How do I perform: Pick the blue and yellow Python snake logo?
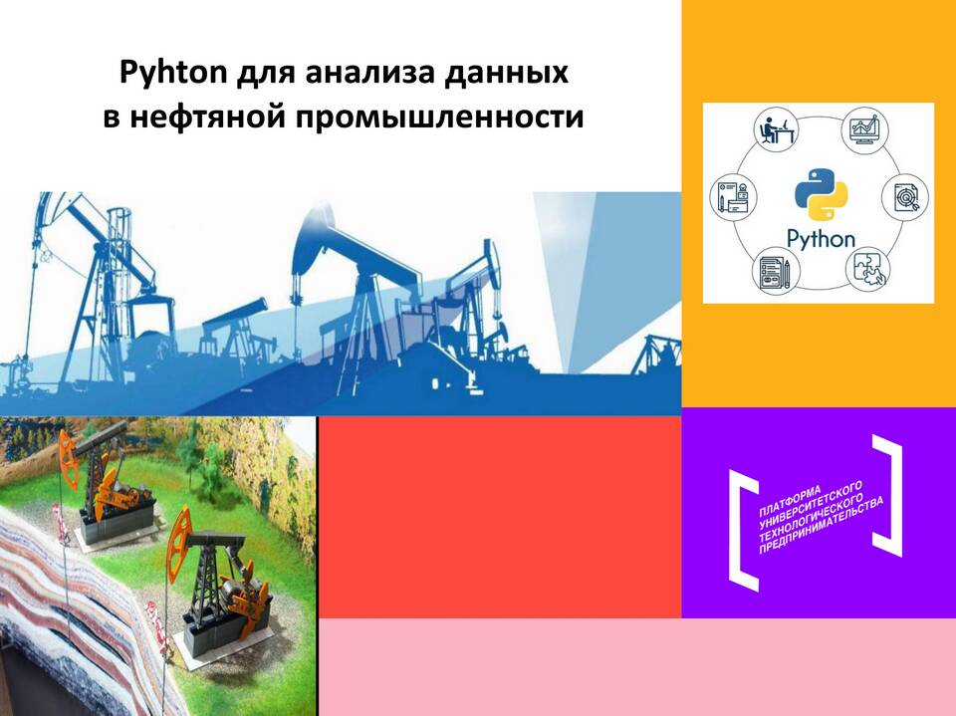(822, 194)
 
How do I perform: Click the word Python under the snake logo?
(821, 239)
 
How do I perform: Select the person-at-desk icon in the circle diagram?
(776, 128)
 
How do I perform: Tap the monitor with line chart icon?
(864, 129)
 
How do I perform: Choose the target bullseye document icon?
(906, 196)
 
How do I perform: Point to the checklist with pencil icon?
(776, 272)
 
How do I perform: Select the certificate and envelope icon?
(733, 196)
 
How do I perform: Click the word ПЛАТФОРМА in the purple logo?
(790, 500)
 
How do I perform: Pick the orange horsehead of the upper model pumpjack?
(69, 459)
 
